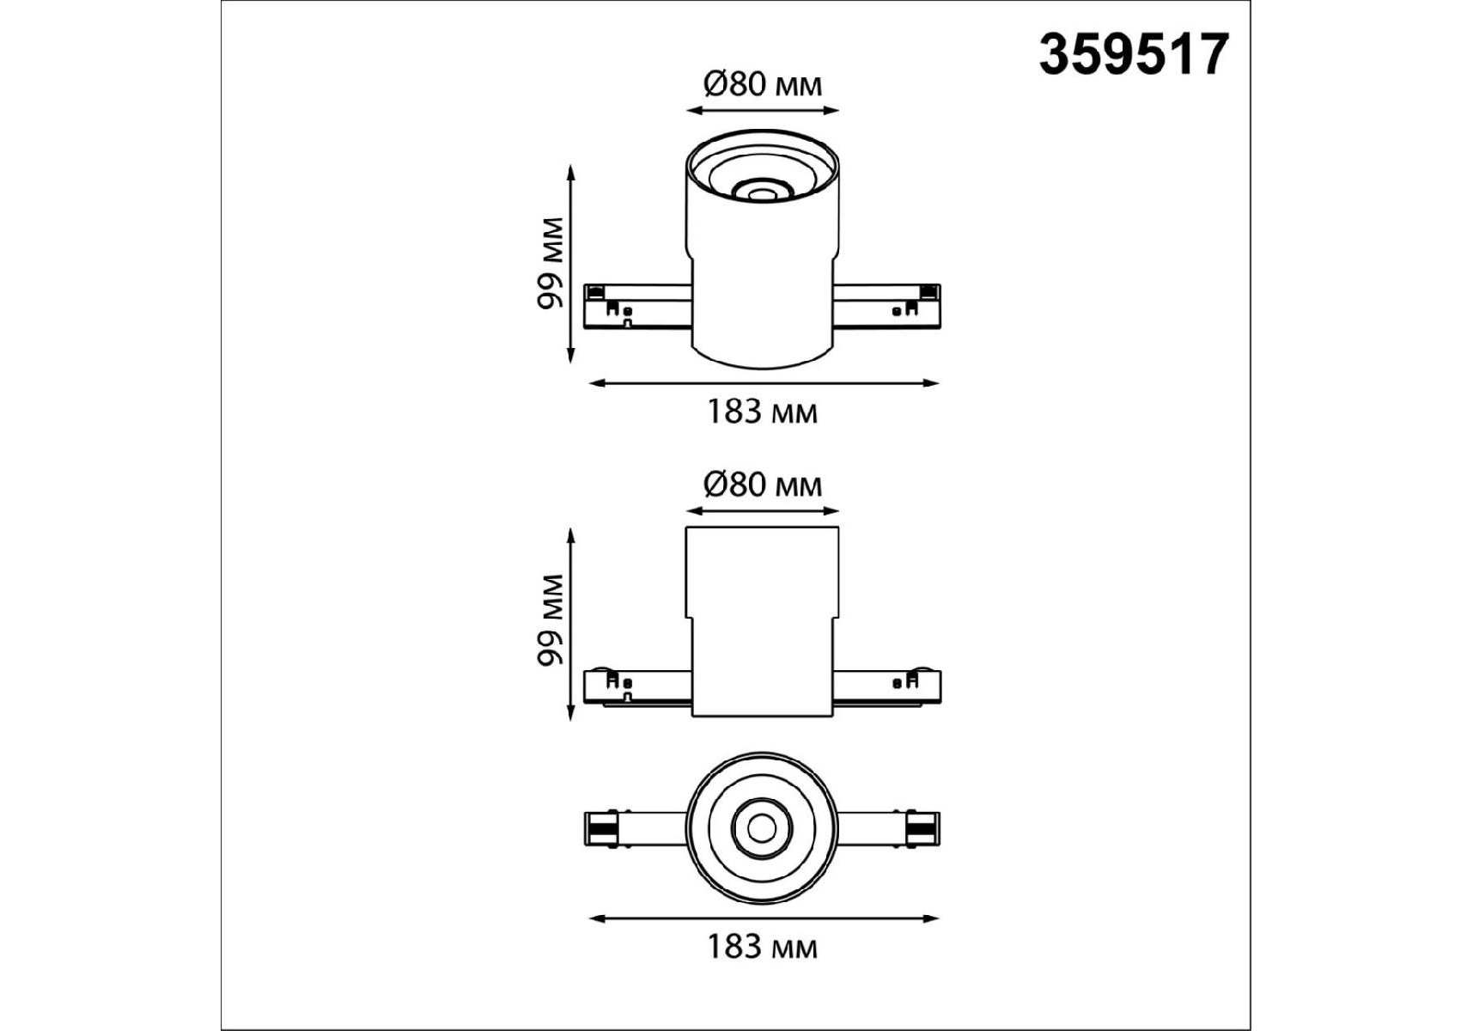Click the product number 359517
[1134, 55]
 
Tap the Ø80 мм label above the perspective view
[762, 84]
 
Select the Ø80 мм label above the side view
[762, 485]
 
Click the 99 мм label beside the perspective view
[550, 264]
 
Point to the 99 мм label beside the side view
[550, 620]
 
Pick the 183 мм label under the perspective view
[762, 412]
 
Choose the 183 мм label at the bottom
[762, 947]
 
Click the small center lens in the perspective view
[758, 192]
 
